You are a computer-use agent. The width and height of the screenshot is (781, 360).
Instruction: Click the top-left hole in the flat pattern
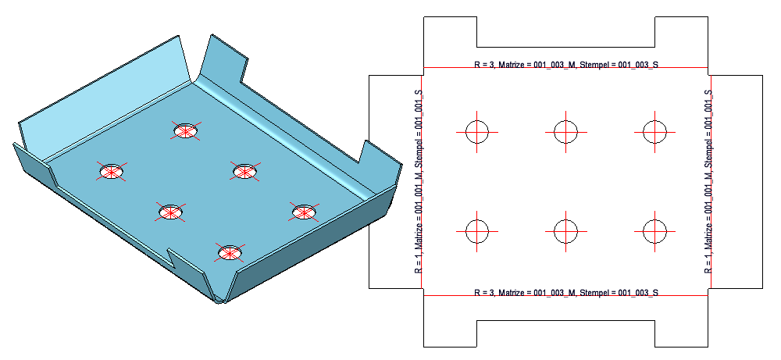click(x=476, y=132)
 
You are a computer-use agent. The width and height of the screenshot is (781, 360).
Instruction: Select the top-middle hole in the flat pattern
click(x=565, y=132)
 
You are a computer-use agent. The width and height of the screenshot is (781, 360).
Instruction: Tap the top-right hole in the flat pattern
click(x=654, y=132)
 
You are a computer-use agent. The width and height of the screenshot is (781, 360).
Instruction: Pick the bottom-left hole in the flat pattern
click(x=476, y=231)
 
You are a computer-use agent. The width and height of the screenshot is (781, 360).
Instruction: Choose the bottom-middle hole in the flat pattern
click(x=565, y=231)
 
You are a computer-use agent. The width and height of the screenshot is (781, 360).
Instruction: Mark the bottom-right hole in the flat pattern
click(x=654, y=231)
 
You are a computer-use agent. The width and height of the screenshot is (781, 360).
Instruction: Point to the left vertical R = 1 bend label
click(x=419, y=181)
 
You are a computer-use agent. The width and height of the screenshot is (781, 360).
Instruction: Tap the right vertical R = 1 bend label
click(x=708, y=181)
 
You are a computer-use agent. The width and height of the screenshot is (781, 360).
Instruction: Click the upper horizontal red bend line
click(x=565, y=67)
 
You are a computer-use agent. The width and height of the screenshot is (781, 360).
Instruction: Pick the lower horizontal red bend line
click(x=565, y=295)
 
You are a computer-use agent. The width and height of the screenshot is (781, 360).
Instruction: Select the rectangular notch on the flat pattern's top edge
click(x=565, y=32)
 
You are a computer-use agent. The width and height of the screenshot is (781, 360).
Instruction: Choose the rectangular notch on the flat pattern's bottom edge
click(x=565, y=333)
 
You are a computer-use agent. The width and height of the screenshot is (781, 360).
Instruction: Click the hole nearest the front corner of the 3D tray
click(x=229, y=253)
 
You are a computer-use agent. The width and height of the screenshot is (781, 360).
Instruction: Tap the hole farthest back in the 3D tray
click(x=185, y=130)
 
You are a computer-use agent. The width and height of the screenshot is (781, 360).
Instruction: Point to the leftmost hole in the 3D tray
click(x=112, y=172)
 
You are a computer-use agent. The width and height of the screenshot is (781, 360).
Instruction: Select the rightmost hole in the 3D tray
click(x=305, y=212)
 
